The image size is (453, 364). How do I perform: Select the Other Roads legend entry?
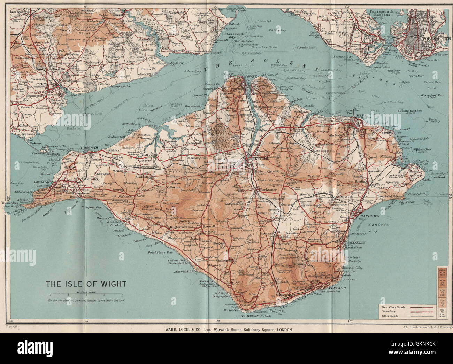tap(390, 316)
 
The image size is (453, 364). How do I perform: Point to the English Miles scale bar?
tap(85, 295)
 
